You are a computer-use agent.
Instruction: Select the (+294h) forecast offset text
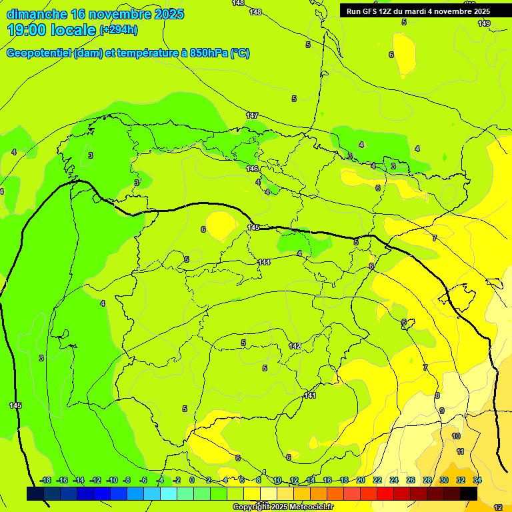pos(119,30)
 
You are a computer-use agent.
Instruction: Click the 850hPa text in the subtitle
pos(209,53)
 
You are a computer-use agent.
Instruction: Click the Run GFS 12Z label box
pos(418,11)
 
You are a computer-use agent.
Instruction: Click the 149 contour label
pos(484,23)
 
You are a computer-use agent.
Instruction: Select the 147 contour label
pos(252,115)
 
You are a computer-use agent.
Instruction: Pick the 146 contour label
pos(253,169)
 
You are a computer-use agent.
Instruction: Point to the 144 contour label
pos(264,262)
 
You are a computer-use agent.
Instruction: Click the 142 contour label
pos(295,346)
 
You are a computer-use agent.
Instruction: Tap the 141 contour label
pos(310,395)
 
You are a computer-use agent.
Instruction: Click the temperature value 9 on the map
pos(441,411)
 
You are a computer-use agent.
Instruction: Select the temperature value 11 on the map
pos(460,451)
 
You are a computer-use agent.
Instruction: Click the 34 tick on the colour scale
pos(477,480)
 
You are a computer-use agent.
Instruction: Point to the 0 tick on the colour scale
pos(192,480)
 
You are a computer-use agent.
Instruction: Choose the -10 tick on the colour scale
pos(112,480)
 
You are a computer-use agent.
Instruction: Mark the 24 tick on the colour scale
pos(394,480)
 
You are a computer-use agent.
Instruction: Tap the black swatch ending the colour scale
pos(469,493)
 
